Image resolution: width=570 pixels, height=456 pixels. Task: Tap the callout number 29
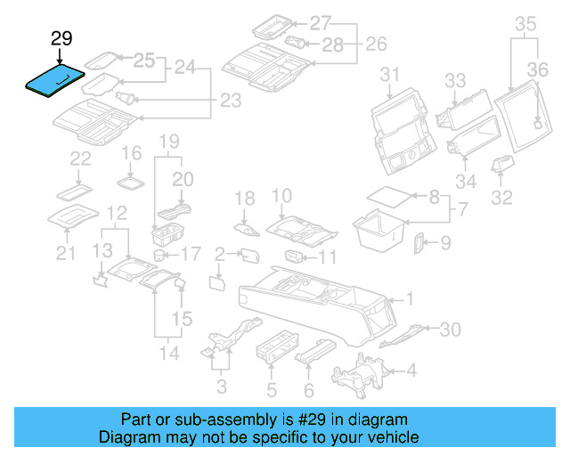tap(61, 38)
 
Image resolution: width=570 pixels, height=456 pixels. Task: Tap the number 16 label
tap(131, 152)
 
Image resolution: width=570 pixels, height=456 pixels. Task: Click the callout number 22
tap(81, 159)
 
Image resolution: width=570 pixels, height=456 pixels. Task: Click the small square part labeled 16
tap(132, 181)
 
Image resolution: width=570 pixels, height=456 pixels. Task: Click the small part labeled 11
tap(295, 257)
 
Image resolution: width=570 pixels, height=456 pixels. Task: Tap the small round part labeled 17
tap(159, 255)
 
